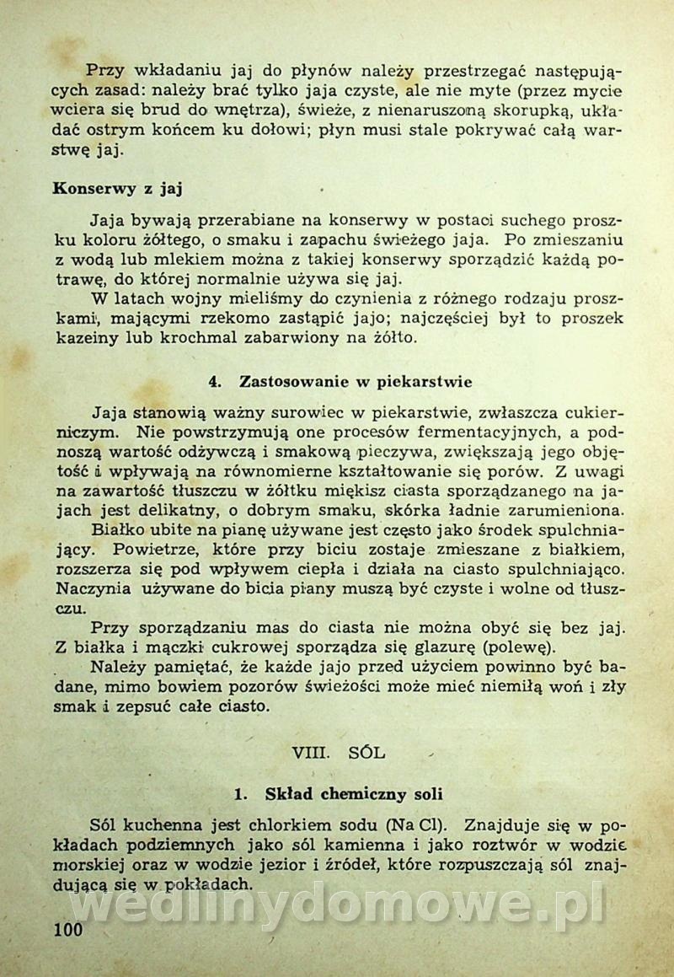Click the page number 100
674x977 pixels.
[67, 931]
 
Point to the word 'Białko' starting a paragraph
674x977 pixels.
[119, 530]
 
